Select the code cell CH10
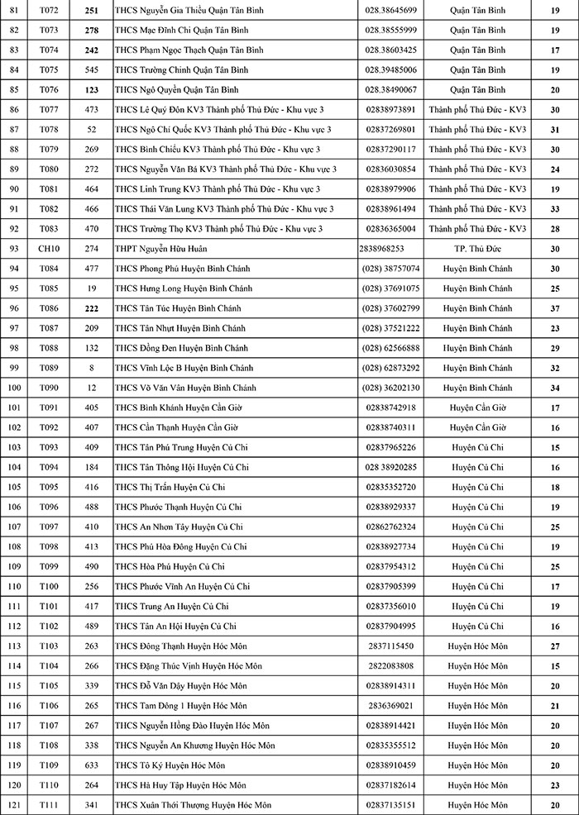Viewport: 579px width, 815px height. pyautogui.click(x=49, y=249)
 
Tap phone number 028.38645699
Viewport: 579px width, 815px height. pyautogui.click(x=390, y=10)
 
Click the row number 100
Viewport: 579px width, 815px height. pyautogui.click(x=12, y=388)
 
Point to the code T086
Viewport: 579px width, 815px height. pyautogui.click(x=49, y=308)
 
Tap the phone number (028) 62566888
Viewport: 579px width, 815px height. pyautogui.click(x=390, y=348)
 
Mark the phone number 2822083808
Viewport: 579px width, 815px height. pyautogui.click(x=390, y=666)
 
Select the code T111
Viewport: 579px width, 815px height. pyautogui.click(x=49, y=805)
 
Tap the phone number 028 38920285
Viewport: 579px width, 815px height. pyautogui.click(x=390, y=467)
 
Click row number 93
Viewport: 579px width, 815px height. pyautogui.click(x=12, y=249)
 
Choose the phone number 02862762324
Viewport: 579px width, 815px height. pyautogui.click(x=390, y=527)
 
